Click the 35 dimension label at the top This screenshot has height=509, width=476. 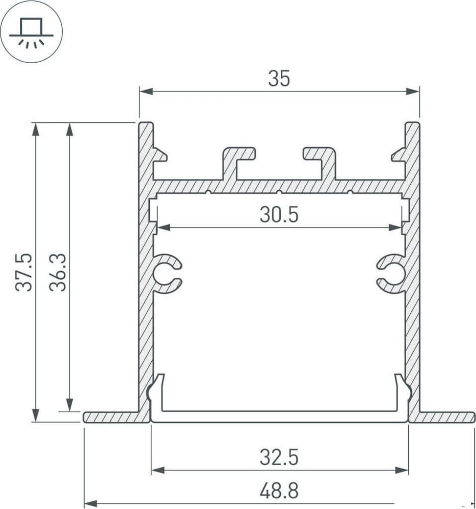pos(279,79)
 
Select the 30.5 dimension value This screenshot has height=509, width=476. pos(279,215)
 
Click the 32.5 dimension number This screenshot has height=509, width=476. pos(279,457)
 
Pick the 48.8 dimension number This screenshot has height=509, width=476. pos(279,491)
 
